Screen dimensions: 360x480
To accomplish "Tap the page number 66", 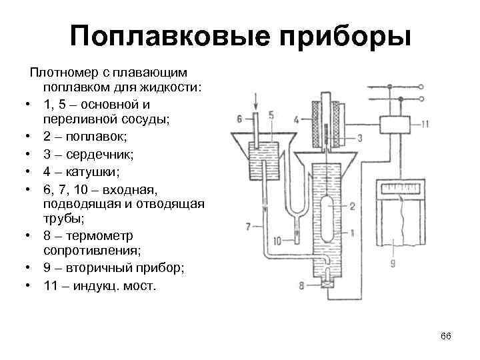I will [x=446, y=335].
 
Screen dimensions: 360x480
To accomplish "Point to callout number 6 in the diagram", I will [x=240, y=120].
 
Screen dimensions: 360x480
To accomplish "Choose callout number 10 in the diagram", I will [x=286, y=239].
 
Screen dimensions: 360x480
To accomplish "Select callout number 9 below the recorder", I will [x=393, y=263].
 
